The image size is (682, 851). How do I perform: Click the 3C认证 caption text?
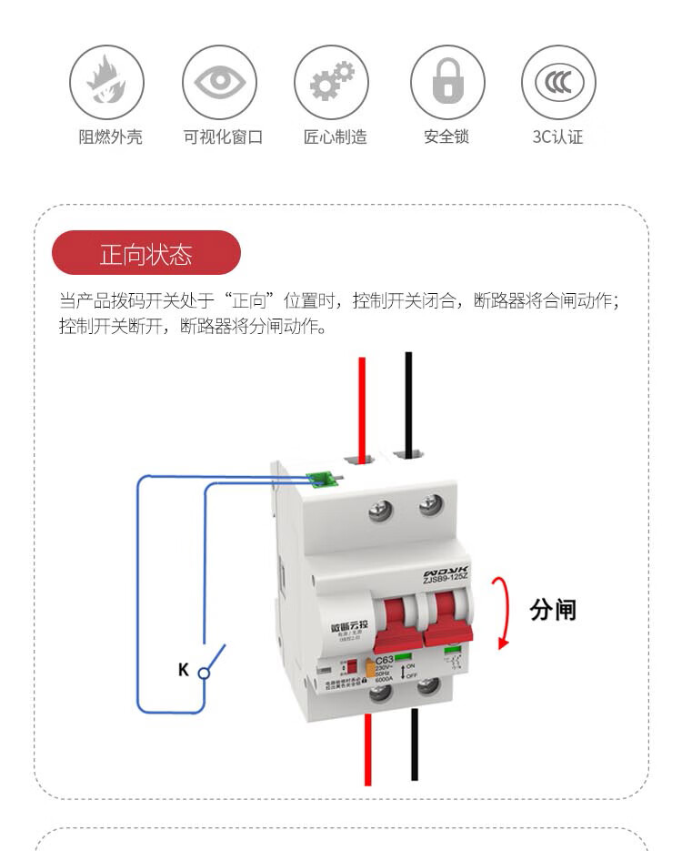[x=557, y=137]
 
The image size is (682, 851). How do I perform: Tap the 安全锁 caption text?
[x=446, y=137]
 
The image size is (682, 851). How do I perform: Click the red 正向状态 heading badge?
[x=146, y=254]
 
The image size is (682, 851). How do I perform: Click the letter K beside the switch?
[x=184, y=670]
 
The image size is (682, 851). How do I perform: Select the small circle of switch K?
[x=204, y=674]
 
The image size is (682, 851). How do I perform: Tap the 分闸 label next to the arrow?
[x=553, y=609]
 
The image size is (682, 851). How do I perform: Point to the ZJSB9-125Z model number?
[x=445, y=574]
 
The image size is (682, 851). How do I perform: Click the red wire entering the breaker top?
[x=362, y=400]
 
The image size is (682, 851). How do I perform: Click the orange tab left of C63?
[x=369, y=670]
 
